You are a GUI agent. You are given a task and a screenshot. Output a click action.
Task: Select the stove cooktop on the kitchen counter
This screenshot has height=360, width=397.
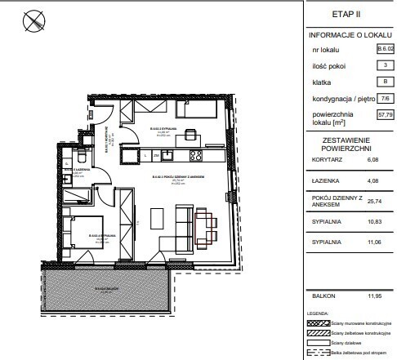(x=195, y=154)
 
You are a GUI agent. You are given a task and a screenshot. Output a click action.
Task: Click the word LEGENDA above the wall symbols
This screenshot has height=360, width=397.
(x=317, y=313)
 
